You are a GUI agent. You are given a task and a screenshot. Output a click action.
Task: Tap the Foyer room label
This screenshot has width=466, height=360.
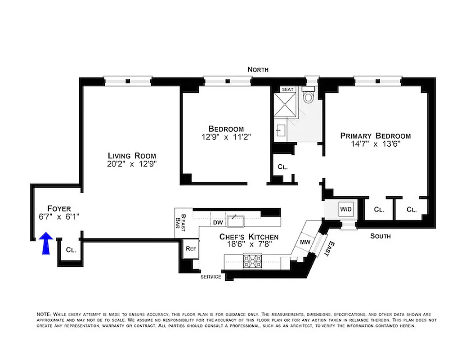click(59, 208)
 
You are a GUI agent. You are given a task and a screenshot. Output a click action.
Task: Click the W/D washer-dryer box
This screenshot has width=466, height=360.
click(346, 209)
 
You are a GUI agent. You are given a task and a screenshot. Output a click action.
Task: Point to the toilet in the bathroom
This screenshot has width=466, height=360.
click(308, 97)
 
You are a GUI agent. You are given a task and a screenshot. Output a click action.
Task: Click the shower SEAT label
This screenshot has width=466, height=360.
click(287, 90)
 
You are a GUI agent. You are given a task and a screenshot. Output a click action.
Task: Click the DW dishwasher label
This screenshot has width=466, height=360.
click(217, 222)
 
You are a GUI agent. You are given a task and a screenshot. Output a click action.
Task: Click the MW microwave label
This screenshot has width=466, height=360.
click(305, 243)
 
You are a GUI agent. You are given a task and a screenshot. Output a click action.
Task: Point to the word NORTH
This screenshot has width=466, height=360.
click(258, 69)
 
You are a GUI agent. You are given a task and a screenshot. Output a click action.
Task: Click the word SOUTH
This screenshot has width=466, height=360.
click(381, 236)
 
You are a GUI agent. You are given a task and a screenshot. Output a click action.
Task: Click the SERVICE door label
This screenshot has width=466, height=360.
click(211, 277)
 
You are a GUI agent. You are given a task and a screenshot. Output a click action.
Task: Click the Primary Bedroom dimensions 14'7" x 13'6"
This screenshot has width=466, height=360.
click(376, 144)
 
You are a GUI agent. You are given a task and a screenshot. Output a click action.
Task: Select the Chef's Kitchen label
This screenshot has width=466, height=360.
click(249, 237)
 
